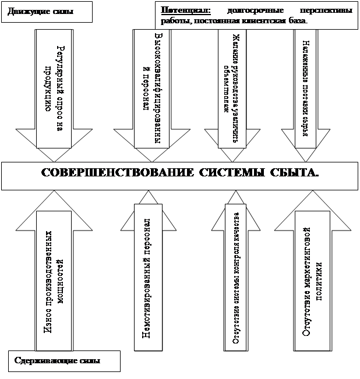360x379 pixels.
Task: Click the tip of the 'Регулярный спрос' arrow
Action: tap(54, 158)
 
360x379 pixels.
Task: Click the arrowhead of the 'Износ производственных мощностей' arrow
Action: tap(54, 197)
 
